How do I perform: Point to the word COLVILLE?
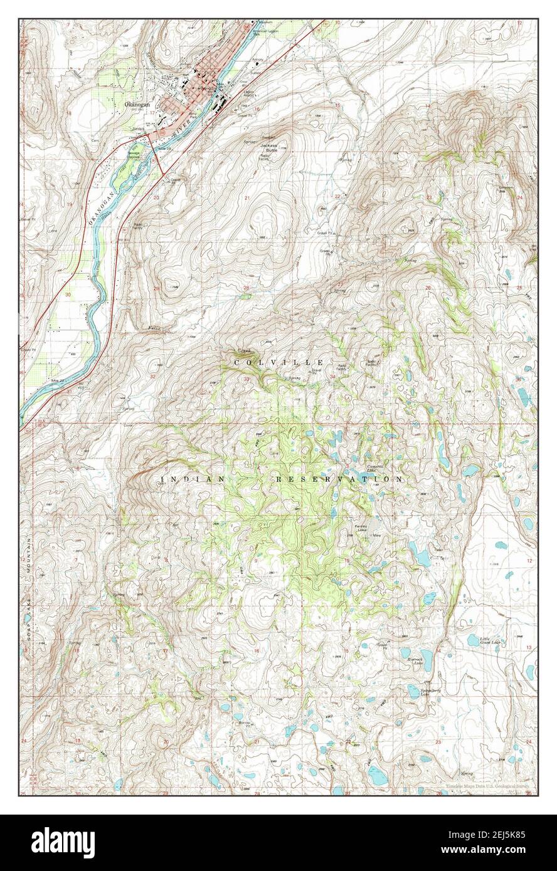coord(279,363)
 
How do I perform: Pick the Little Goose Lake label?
coord(490,640)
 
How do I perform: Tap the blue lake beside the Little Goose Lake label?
coord(473,640)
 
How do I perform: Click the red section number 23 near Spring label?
coord(429,197)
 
